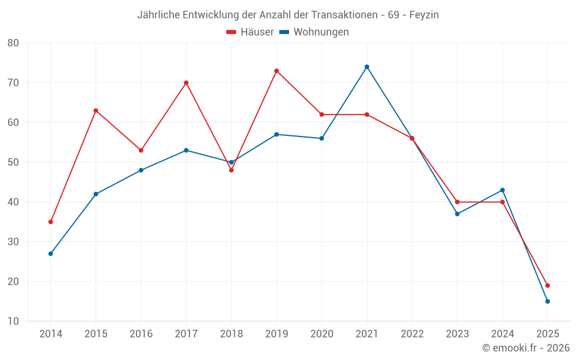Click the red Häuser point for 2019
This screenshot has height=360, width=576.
coord(276,71)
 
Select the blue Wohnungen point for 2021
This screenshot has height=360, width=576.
coord(367,67)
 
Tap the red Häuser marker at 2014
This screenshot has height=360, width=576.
coord(51,222)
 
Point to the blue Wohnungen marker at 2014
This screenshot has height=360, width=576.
coord(51,253)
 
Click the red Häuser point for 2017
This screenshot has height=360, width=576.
coord(186,83)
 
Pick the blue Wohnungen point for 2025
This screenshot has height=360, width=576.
coord(547,301)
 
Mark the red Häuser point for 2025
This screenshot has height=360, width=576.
coord(547,286)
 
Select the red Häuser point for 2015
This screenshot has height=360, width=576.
coord(96,111)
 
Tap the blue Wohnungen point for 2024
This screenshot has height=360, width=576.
coord(502,190)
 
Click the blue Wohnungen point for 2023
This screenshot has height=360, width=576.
coord(457,214)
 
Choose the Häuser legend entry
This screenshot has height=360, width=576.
coord(251,32)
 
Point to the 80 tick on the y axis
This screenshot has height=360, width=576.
coord(13,43)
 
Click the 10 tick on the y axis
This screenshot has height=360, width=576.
coord(13,321)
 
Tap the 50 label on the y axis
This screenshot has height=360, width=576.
coord(13,162)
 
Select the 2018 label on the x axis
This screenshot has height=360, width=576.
coord(231,334)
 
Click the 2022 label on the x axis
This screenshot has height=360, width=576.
coord(412,334)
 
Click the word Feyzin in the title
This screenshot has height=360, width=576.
coord(424,15)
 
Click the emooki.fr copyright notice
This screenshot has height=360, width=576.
coord(526,348)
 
